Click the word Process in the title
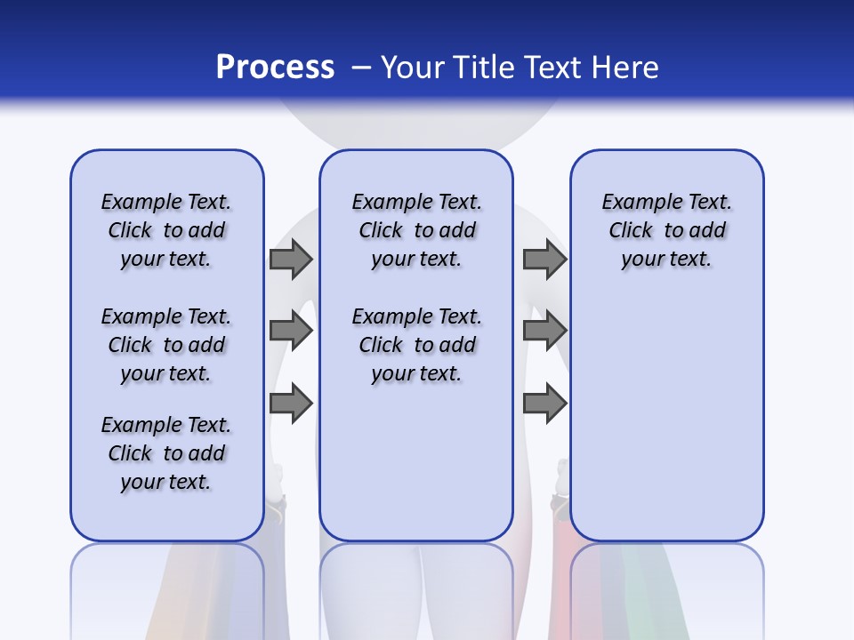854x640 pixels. [x=275, y=68]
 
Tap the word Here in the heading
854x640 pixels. [x=626, y=68]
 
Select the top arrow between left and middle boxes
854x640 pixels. [x=290, y=260]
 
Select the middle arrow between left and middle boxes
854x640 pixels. [x=290, y=332]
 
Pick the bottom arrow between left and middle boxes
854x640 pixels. [x=290, y=404]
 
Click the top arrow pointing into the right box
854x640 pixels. [x=544, y=260]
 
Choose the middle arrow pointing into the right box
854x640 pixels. [x=544, y=332]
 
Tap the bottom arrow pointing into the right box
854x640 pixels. [x=544, y=404]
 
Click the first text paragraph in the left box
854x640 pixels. [x=166, y=230]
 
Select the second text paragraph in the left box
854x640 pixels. [x=166, y=345]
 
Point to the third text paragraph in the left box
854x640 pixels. [x=166, y=453]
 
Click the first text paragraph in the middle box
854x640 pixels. [x=416, y=230]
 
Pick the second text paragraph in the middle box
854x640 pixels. [x=416, y=345]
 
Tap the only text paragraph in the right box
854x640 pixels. [x=666, y=230]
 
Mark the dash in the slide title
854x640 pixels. [x=361, y=68]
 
